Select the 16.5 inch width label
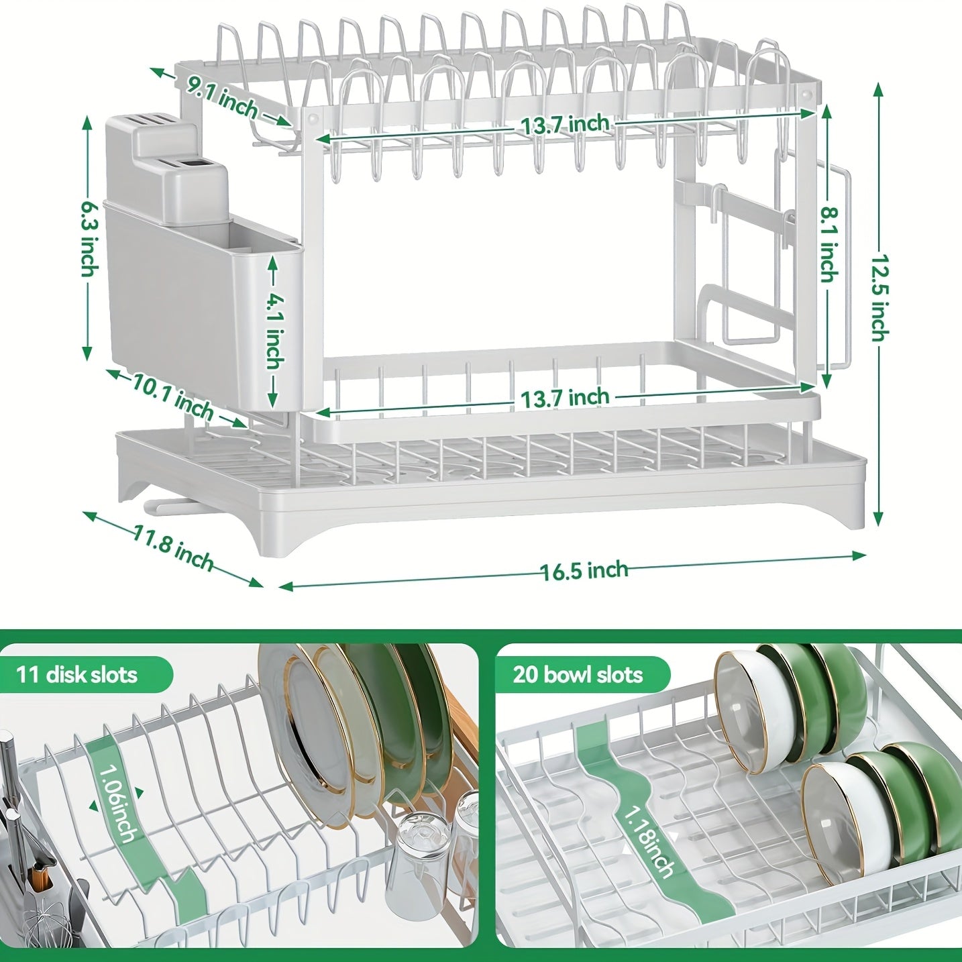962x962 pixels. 584,571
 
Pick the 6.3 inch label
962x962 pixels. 89,238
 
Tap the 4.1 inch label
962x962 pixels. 274,331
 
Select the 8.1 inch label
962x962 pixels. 829,244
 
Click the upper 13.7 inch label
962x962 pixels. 565,124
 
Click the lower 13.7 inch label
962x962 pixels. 565,398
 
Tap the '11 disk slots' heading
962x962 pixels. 77,674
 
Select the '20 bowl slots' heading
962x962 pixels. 578,674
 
